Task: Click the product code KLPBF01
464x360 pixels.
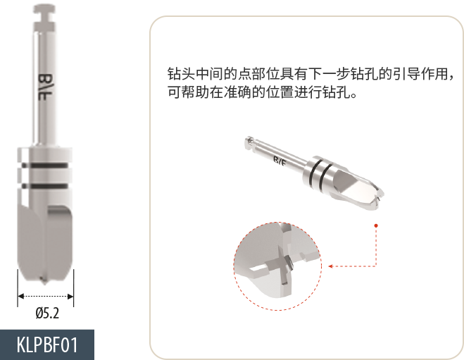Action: pyautogui.click(x=47, y=345)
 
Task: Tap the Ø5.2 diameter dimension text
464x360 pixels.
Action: pyautogui.click(x=47, y=313)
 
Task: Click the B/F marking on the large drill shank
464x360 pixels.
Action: pyautogui.click(x=45, y=87)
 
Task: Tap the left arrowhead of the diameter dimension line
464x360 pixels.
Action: pyautogui.click(x=20, y=296)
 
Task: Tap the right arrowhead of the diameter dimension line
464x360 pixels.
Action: pyautogui.click(x=70, y=296)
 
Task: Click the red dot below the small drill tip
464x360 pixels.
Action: pyautogui.click(x=376, y=225)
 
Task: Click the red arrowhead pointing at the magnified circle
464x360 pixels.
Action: pyautogui.click(x=331, y=266)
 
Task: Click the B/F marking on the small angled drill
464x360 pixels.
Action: pyautogui.click(x=280, y=161)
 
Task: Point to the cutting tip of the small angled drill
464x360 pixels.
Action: pyautogui.click(x=378, y=199)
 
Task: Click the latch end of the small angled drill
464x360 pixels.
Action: pyautogui.click(x=250, y=142)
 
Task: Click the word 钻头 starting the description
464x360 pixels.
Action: pyautogui.click(x=181, y=73)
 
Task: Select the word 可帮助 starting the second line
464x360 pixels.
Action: pyautogui.click(x=188, y=92)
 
